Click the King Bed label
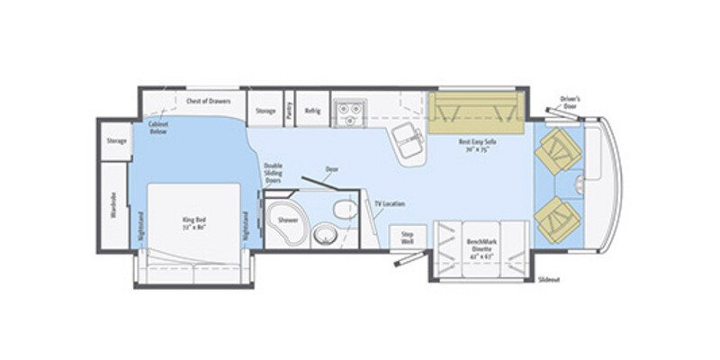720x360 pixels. [194, 220]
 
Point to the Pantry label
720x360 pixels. [289, 110]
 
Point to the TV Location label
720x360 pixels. [389, 204]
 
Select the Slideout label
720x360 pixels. [548, 280]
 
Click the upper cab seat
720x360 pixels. [559, 149]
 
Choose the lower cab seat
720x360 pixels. [559, 219]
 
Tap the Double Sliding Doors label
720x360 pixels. [273, 173]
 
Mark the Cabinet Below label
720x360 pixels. [158, 129]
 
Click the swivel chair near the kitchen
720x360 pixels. [407, 140]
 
